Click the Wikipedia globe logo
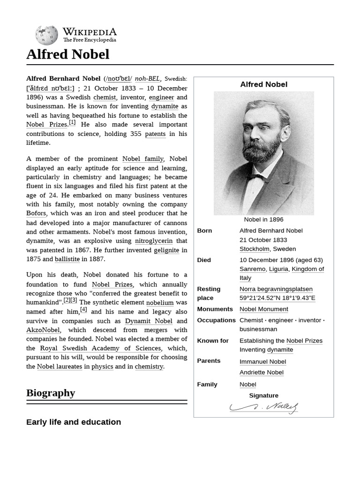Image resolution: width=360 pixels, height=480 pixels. pos(46,35)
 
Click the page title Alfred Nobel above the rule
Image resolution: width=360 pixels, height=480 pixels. pos(67,54)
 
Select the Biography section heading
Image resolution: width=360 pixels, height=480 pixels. pos(51,393)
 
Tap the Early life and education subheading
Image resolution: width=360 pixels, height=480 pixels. pos(74,422)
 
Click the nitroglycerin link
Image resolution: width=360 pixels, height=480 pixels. pos(154,241)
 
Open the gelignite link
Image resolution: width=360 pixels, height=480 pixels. pos(166,250)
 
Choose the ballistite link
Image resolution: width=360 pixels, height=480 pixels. pos(67,259)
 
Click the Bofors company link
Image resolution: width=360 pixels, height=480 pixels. pos(36,213)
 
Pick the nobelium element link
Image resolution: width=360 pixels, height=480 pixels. pos(160,303)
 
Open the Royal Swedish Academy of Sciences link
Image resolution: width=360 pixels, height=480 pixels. pos(100,348)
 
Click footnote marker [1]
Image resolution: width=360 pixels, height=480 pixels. pos(72,123)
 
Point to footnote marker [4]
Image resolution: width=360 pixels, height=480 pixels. pos(83,309)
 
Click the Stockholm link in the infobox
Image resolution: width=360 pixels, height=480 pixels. pos(254,249)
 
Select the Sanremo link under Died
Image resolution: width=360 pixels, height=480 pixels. pos(252,269)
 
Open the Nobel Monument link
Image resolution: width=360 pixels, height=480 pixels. pos(264,309)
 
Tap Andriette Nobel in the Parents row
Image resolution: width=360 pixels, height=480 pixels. pos(262,373)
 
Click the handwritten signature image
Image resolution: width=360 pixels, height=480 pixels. pos(264,408)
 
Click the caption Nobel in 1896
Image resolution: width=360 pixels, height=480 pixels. pos(263,219)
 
